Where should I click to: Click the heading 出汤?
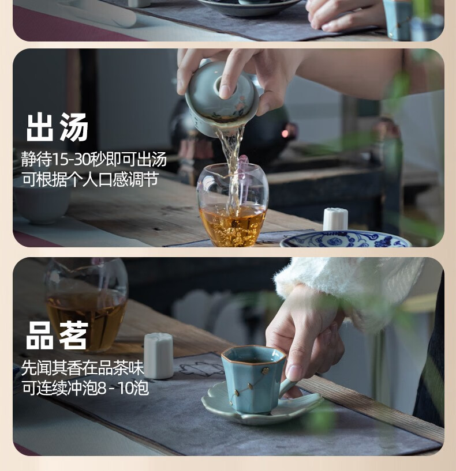coord(57,127)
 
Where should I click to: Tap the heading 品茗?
coord(57,336)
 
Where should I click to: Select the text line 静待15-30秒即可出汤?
coord(94,159)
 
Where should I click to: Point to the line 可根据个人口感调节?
coord(90,180)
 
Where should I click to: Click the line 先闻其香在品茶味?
coord(83,368)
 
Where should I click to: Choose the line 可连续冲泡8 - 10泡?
coord(85,388)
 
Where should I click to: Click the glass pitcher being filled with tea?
coord(232,204)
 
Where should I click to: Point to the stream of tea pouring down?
coord(232,168)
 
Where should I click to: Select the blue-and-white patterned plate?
coord(346,239)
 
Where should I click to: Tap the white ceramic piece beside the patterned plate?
coord(335,219)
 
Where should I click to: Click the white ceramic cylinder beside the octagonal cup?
coord(158,356)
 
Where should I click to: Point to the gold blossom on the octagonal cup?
coord(266,371)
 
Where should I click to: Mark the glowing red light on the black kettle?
coord(285,133)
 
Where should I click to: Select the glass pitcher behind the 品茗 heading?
coord(86,303)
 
